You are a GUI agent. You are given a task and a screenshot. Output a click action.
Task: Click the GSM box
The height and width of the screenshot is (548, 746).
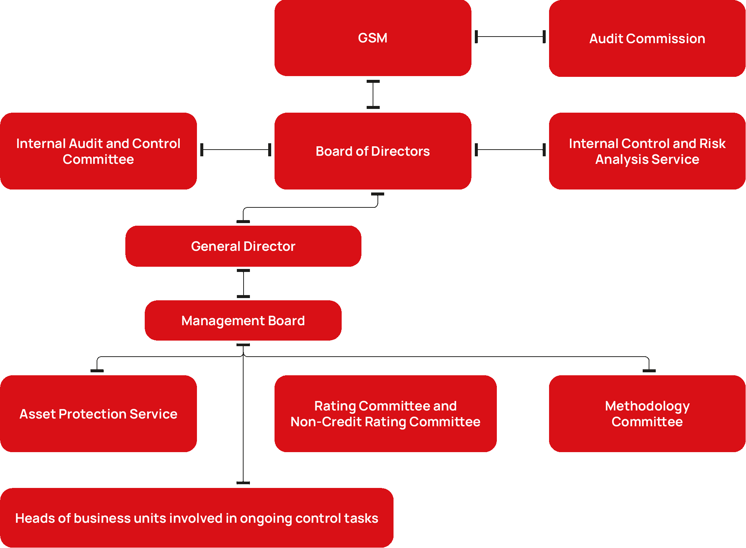(x=373, y=38)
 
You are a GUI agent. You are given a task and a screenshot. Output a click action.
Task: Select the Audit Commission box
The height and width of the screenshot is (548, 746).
(x=647, y=38)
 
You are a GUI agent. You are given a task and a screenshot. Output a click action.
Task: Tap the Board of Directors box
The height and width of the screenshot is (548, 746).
(x=373, y=151)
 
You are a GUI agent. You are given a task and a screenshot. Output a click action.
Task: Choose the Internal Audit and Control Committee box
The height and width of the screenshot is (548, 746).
(x=98, y=151)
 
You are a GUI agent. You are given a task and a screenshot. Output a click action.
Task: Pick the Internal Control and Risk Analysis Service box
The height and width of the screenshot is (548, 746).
(x=647, y=151)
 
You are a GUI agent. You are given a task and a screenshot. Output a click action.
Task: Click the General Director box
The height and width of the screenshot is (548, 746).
(x=243, y=246)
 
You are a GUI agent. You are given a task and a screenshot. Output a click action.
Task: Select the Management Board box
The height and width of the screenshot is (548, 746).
(x=243, y=321)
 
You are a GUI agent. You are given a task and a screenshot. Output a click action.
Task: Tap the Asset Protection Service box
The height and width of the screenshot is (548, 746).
(x=98, y=414)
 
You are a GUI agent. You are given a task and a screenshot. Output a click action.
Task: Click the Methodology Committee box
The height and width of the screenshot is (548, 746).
(x=647, y=414)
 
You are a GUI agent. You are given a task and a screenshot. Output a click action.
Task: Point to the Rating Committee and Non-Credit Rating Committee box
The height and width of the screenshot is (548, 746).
(x=385, y=414)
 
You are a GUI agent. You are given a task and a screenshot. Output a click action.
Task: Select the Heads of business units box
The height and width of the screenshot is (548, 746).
(x=197, y=518)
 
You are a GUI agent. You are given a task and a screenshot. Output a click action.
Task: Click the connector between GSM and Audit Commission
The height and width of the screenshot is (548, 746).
(x=510, y=37)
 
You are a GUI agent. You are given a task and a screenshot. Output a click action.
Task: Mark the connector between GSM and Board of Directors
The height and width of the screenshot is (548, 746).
(x=373, y=94)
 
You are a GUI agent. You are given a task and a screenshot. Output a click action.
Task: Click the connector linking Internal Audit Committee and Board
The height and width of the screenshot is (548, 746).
(x=235, y=150)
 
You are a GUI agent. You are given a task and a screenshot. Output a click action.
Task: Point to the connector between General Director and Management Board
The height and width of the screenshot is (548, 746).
(x=243, y=284)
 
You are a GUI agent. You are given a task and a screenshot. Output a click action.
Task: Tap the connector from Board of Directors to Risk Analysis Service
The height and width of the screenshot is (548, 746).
(x=510, y=150)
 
